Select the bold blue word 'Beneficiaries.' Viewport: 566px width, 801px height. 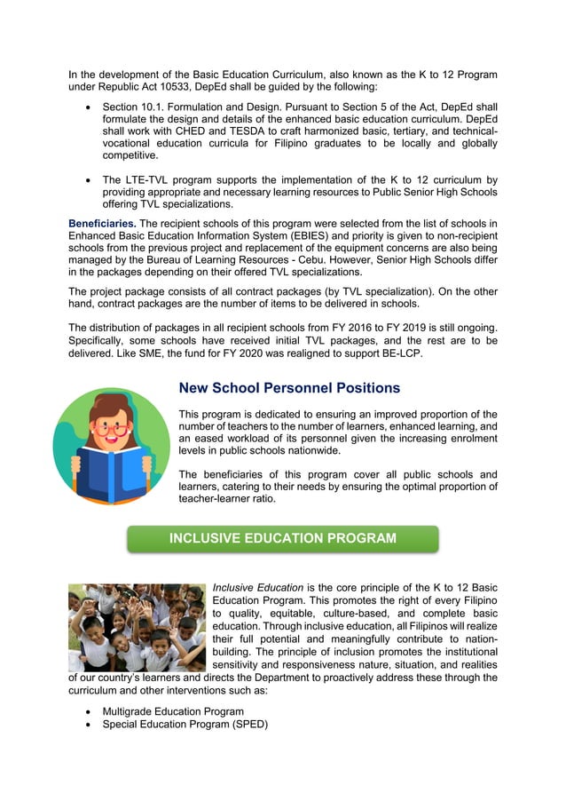[101, 222]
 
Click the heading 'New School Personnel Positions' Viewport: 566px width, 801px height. [289, 388]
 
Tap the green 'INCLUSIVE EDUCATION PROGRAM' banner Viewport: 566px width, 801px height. [282, 538]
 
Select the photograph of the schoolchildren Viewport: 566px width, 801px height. [137, 627]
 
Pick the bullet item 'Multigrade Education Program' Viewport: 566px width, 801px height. [172, 711]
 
